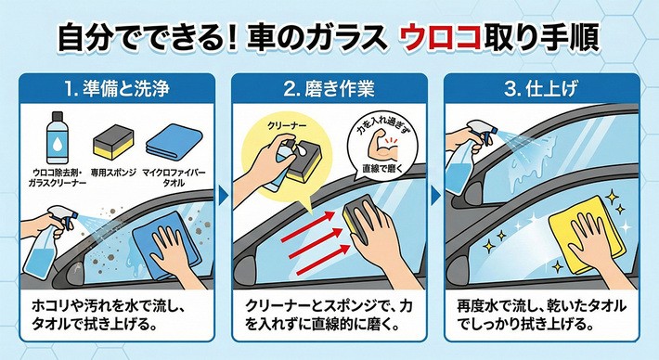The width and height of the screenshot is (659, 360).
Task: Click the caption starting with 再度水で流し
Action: coord(541,315)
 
